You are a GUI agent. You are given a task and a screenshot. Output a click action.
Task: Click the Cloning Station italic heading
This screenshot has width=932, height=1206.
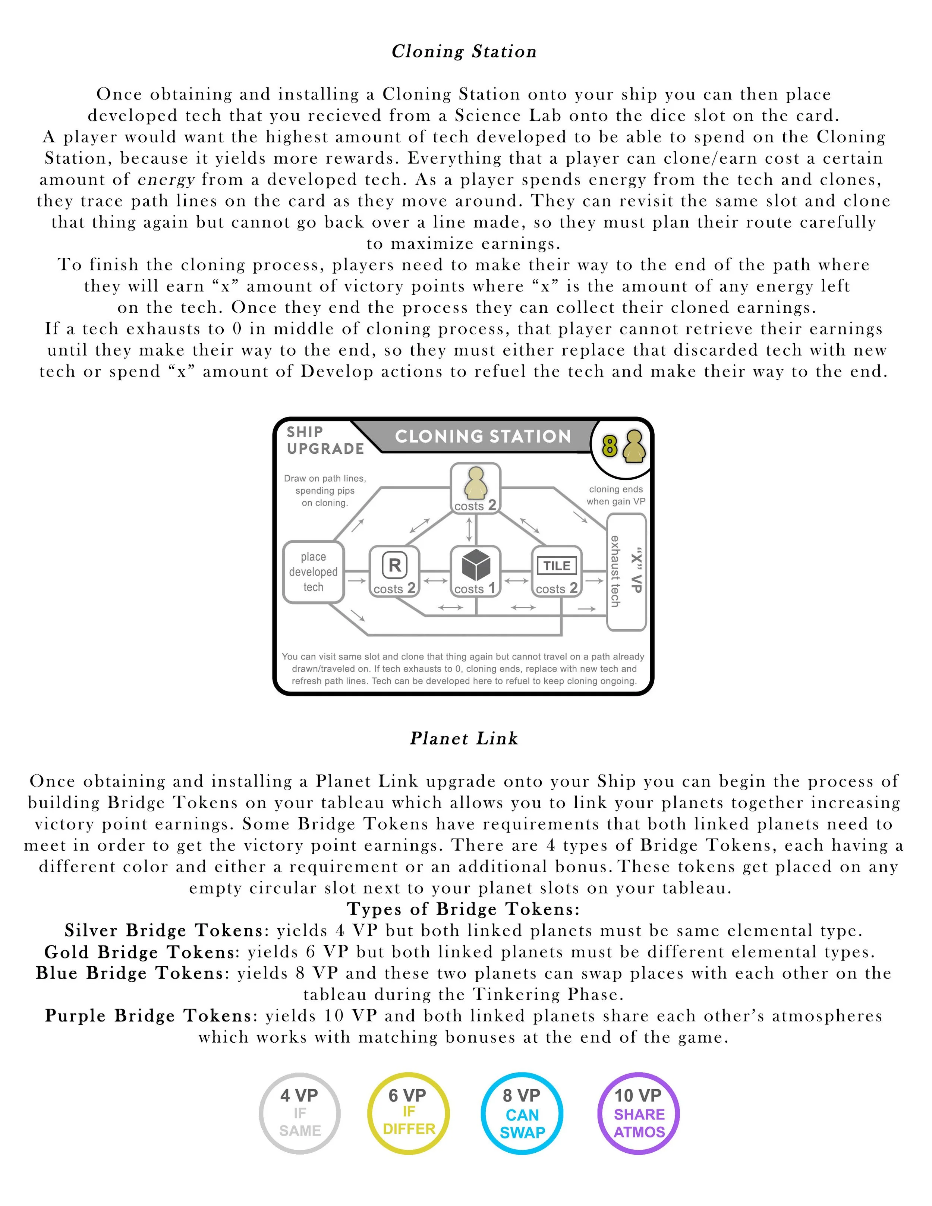[x=464, y=51]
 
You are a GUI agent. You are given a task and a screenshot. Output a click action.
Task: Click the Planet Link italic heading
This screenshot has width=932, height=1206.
[x=464, y=738]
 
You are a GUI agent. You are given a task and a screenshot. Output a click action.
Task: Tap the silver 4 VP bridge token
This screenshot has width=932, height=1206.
[x=300, y=1113]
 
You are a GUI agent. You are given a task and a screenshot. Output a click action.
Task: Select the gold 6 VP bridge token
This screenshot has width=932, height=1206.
[x=409, y=1113]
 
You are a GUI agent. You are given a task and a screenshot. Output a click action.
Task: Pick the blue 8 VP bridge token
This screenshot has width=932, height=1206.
[x=522, y=1113]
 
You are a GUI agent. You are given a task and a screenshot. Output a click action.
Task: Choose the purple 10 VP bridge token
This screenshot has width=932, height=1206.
[x=639, y=1113]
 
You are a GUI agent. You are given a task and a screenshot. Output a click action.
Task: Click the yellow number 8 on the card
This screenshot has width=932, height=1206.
[x=609, y=446]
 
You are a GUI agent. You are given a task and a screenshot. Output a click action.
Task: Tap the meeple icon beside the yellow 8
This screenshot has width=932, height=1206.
[x=634, y=446]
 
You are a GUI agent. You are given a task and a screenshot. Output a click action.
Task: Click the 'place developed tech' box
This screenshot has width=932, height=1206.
[x=313, y=571]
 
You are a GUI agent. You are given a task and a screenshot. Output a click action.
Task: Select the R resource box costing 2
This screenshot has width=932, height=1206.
[x=394, y=571]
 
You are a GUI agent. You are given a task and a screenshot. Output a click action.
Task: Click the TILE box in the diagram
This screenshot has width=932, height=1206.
[x=557, y=571]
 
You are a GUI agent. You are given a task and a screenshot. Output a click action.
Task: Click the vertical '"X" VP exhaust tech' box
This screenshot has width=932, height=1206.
[x=626, y=571]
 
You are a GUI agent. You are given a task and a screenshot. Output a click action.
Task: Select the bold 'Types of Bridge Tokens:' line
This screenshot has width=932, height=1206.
[x=464, y=909]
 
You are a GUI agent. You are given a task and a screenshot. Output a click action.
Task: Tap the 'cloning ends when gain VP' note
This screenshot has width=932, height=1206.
[x=615, y=495]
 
